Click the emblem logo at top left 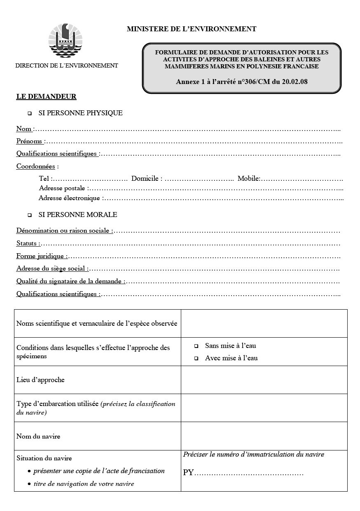[66, 40]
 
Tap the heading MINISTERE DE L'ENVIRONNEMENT [192, 29]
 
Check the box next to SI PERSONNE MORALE [30, 215]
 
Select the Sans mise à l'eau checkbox [196, 346]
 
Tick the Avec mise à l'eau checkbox [196, 359]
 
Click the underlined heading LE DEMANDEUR [46, 97]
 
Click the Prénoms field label [30, 141]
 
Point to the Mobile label [248, 178]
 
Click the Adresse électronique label [69, 198]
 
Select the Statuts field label [28, 243]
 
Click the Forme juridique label [41, 256]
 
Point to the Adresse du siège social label [51, 269]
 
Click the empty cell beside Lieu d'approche [264, 380]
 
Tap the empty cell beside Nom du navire [264, 436]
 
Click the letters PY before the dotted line [188, 473]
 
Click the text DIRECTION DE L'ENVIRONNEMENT [67, 65]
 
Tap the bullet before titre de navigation [29, 484]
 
